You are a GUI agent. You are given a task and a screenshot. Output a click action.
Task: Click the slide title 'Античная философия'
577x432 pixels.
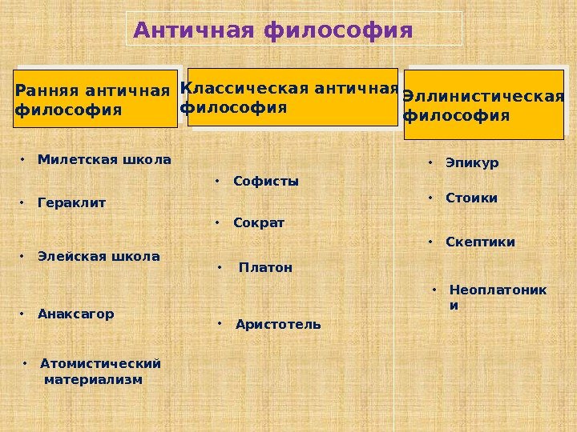[x=272, y=31]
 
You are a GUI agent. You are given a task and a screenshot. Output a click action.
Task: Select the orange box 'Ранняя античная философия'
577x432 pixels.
[x=95, y=98]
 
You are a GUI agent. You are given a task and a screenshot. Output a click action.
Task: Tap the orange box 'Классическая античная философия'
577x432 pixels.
[x=292, y=97]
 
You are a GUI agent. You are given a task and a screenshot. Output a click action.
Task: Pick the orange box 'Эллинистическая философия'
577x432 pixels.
[x=483, y=105]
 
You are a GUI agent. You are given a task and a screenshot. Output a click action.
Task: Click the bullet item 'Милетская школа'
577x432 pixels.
[x=104, y=160]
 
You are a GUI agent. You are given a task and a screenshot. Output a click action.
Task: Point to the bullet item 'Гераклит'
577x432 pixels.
[x=71, y=204]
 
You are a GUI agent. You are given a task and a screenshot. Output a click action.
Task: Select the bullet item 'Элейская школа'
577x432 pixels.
[x=99, y=257]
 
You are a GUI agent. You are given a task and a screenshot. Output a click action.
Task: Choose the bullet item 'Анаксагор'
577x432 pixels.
[x=75, y=314]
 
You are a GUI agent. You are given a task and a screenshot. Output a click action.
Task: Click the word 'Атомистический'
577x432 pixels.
[x=100, y=363]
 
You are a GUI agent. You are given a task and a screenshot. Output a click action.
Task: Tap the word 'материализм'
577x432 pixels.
[x=94, y=379]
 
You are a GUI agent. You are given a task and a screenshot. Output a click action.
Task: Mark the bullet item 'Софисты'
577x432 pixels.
[x=265, y=182]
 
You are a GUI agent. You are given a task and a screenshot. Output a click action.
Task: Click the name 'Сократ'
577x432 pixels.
[x=259, y=222]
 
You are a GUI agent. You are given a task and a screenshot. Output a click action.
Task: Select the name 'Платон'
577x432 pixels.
[x=266, y=268]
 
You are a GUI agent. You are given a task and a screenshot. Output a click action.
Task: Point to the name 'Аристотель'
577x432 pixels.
[x=278, y=324]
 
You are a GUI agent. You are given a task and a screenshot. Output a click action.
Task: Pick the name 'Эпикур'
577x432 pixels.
[x=472, y=163]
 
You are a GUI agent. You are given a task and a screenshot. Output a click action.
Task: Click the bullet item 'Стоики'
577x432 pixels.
[x=471, y=198]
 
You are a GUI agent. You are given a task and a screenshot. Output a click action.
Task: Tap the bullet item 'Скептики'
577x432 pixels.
[x=480, y=242]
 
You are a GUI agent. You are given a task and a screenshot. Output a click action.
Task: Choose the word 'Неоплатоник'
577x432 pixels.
[x=498, y=290]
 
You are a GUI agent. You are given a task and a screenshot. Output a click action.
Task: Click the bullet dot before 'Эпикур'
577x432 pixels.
[x=430, y=163]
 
